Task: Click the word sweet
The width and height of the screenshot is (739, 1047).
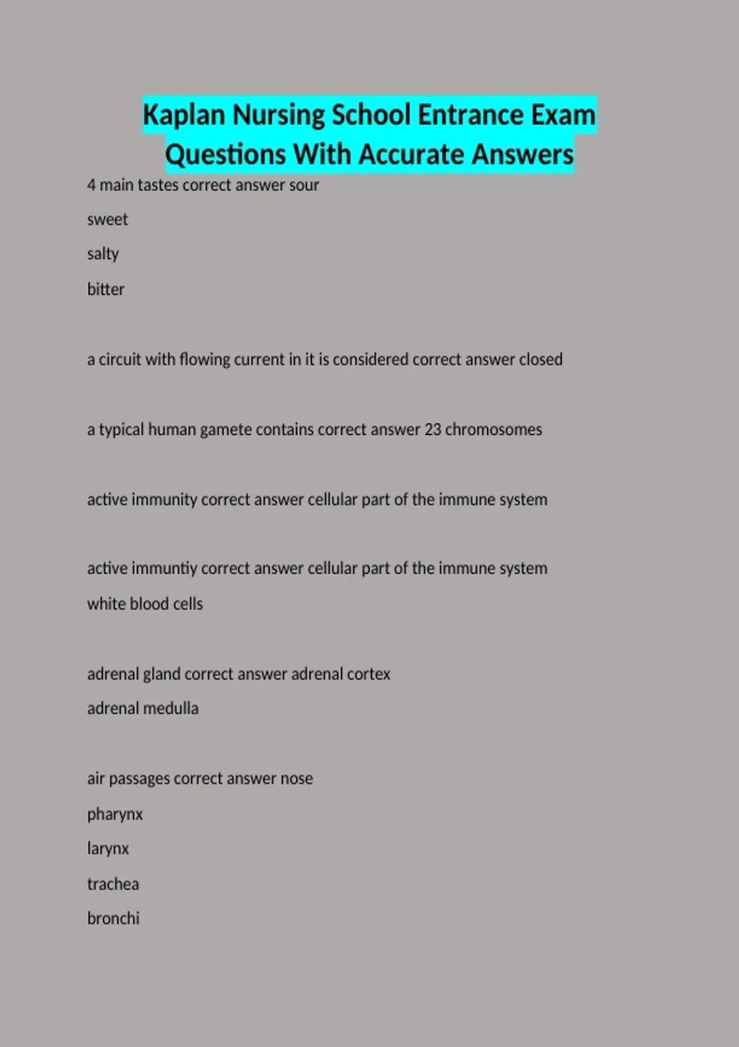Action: [x=107, y=220]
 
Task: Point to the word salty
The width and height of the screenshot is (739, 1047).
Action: [x=103, y=254]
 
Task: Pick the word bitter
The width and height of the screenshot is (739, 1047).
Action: [x=105, y=289]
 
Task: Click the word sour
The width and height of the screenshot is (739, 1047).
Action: [x=304, y=185]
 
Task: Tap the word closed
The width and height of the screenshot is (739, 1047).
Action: [x=540, y=360]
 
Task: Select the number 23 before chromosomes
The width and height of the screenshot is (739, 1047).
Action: [x=432, y=429]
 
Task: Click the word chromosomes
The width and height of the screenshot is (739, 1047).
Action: [x=493, y=429]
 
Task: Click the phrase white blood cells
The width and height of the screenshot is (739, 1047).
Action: [x=145, y=604]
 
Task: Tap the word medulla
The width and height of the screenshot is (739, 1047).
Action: [x=171, y=709]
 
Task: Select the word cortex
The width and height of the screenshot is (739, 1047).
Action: [x=368, y=674]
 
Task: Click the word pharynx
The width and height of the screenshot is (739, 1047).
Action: [x=115, y=815]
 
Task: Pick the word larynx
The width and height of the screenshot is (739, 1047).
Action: [x=108, y=849]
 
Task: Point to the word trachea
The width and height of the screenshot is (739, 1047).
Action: [x=113, y=884]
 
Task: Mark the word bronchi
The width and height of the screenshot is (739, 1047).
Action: [x=113, y=919]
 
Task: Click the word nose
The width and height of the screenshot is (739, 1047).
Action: [x=296, y=779]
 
